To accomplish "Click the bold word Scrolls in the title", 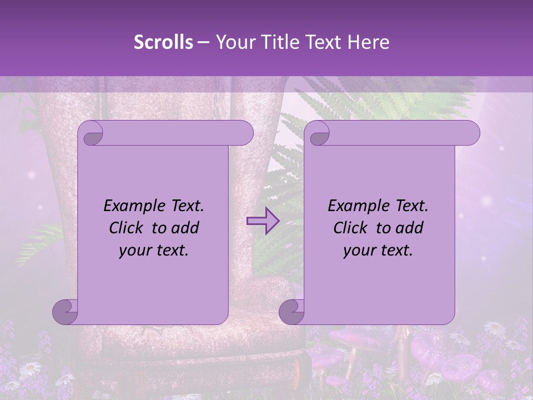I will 163,42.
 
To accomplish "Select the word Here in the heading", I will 369,42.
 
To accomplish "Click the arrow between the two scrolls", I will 263,221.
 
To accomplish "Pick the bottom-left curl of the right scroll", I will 291,312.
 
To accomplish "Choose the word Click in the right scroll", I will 351,228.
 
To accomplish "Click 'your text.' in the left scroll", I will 154,250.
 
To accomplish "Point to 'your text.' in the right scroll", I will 378,250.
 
